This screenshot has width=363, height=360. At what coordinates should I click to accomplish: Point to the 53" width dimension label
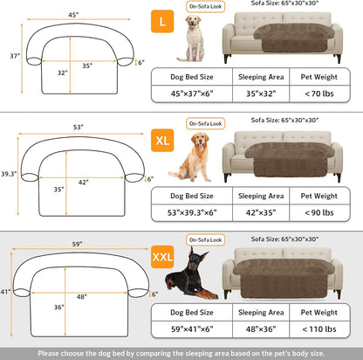tap(77, 127)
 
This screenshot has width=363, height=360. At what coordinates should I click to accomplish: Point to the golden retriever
tap(193, 157)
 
